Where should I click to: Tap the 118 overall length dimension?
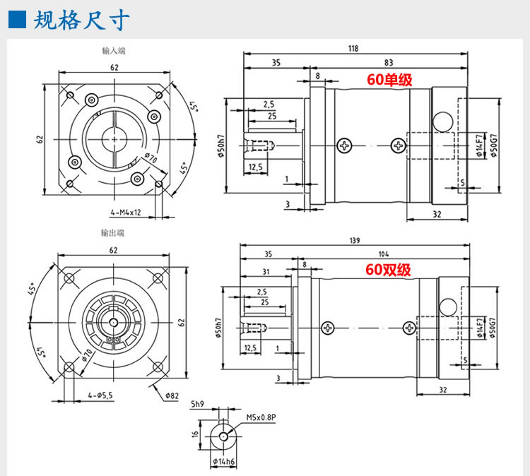tap(353, 49)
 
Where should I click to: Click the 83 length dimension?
tap(389, 63)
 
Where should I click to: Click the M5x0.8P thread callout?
tap(260, 417)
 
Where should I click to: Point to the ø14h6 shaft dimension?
tap(225, 463)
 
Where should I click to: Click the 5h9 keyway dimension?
tap(199, 405)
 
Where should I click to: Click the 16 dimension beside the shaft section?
tap(195, 436)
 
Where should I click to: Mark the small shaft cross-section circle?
tap(224, 436)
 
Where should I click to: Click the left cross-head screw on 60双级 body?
tap(326, 328)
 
